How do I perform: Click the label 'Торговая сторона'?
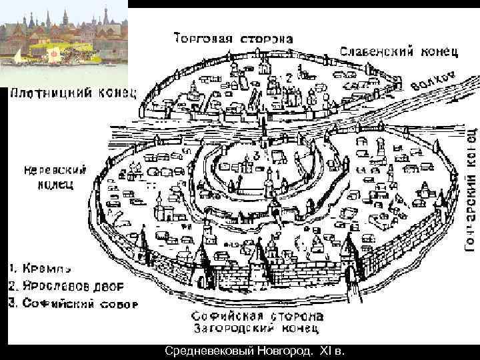click(233, 37)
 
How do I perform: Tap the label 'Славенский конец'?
click(399, 51)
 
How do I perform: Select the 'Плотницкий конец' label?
click(73, 93)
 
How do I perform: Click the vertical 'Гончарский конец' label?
click(470, 189)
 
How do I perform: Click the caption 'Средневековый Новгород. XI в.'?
click(255, 351)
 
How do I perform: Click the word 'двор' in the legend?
click(117, 287)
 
